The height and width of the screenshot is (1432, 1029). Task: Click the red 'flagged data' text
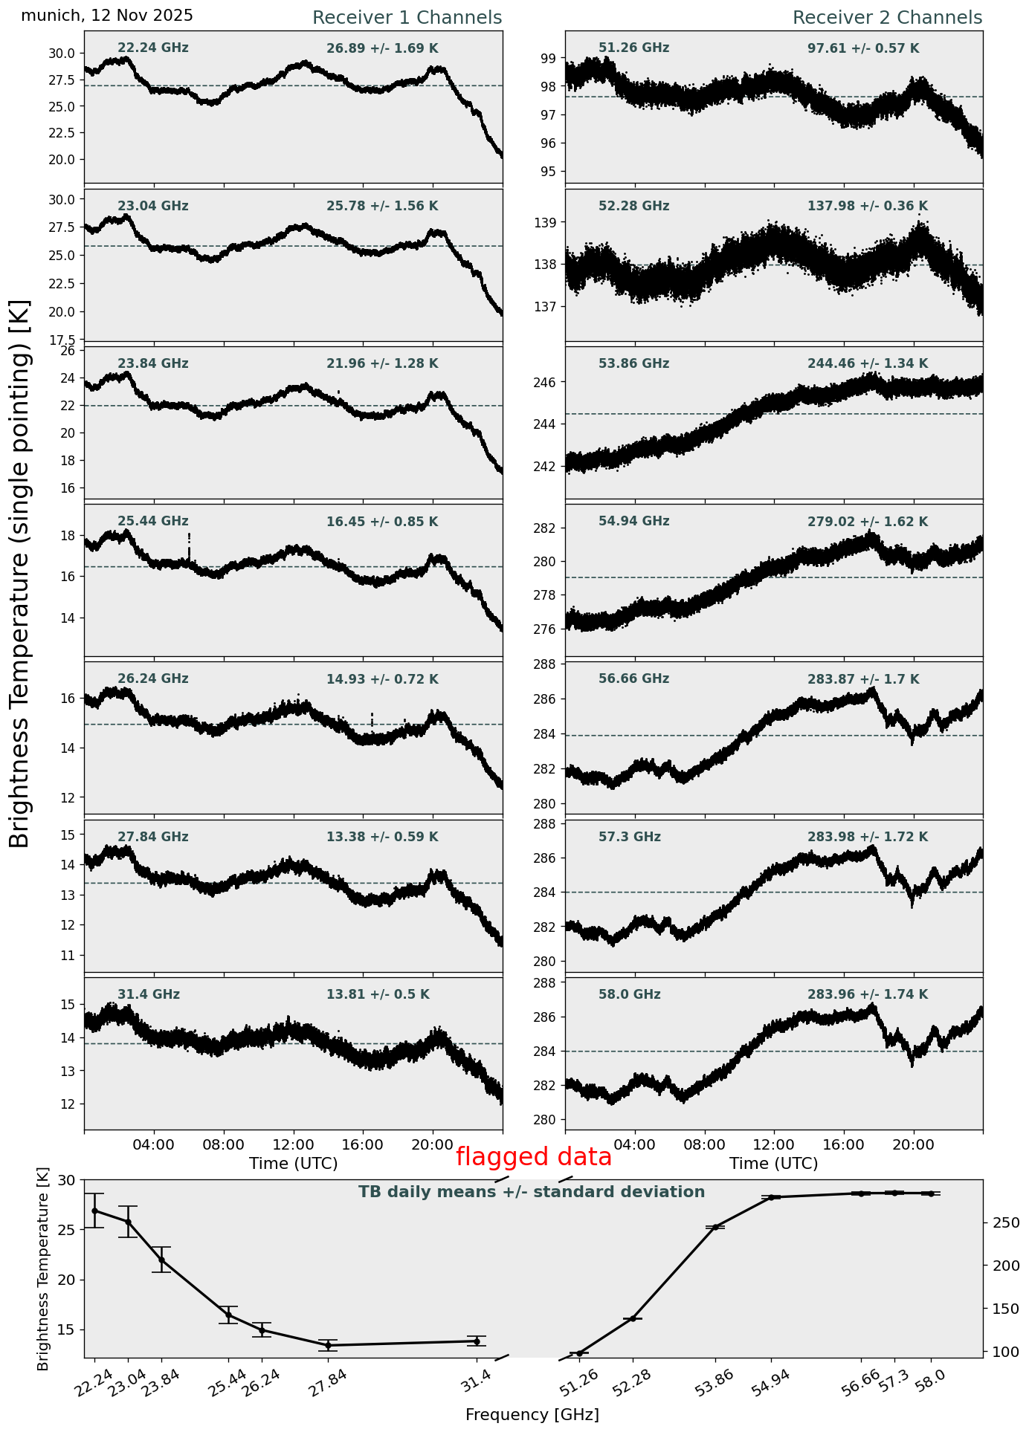pyautogui.click(x=533, y=1157)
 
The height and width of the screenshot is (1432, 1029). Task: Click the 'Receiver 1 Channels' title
pyautogui.click(x=407, y=18)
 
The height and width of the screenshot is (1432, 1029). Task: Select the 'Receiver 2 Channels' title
pyautogui.click(x=887, y=18)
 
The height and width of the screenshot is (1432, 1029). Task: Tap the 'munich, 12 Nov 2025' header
pyautogui.click(x=107, y=16)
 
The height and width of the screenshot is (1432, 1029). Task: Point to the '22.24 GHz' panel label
pyautogui.click(x=153, y=48)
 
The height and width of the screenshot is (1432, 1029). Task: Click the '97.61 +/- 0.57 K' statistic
pyautogui.click(x=863, y=48)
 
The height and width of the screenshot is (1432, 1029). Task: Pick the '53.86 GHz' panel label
pyautogui.click(x=633, y=363)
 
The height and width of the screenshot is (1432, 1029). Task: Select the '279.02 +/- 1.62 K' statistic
pyautogui.click(x=868, y=522)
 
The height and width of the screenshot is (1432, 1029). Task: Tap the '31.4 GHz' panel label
pyautogui.click(x=149, y=994)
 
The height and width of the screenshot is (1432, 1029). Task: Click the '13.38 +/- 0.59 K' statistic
pyautogui.click(x=382, y=837)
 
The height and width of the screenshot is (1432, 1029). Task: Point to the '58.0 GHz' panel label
pyautogui.click(x=629, y=994)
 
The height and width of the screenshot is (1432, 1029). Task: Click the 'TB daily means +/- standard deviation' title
pyautogui.click(x=532, y=1192)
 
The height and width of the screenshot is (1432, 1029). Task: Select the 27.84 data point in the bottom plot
pyautogui.click(x=328, y=1345)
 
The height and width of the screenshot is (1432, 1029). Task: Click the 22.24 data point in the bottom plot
pyautogui.click(x=94, y=1211)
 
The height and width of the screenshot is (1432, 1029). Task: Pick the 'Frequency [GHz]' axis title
pyautogui.click(x=532, y=1414)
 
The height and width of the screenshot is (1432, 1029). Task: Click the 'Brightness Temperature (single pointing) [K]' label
pyautogui.click(x=20, y=573)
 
